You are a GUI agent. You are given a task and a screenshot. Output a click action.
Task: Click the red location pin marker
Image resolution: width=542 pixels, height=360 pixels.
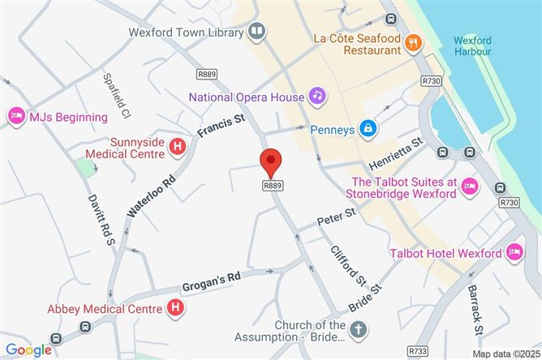coord(271,162)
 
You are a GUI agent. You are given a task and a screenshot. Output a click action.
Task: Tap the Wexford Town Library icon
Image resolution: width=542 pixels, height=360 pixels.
coord(257,32)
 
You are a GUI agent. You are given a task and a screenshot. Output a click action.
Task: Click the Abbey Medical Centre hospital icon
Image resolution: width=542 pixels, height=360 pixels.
coord(174,307)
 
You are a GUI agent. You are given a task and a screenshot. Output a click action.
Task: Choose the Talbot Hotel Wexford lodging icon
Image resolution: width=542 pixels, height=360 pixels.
coord(514,253)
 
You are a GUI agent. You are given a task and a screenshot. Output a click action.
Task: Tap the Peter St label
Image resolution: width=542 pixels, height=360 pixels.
coord(338,216)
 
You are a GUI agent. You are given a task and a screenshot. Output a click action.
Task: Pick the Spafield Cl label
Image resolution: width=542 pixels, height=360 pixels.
coord(111,92)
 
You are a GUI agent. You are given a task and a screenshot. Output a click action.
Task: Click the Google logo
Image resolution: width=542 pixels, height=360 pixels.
coord(28,349)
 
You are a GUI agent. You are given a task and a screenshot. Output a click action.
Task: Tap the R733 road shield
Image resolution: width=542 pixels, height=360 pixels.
coord(419,350)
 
